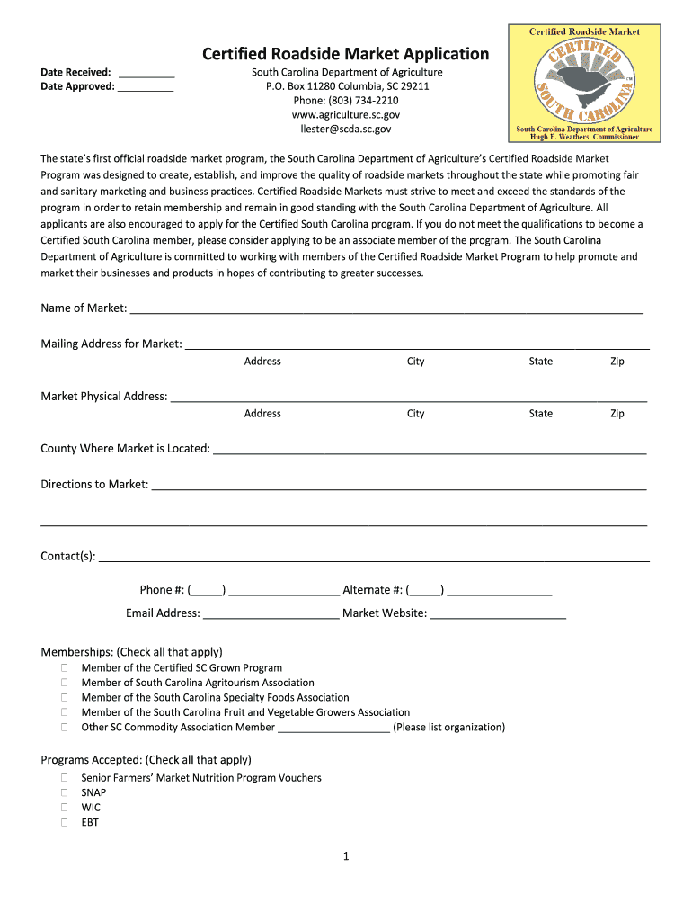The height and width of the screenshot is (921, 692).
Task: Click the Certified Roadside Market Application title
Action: tap(345, 54)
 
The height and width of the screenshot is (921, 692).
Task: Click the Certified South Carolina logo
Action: tap(583, 83)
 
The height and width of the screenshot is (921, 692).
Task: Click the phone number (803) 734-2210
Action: tap(346, 101)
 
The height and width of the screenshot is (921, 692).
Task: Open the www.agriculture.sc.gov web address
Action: tap(346, 115)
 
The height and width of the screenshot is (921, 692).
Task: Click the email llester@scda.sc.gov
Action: tap(346, 130)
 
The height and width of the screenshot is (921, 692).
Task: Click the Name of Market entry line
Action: tap(386, 311)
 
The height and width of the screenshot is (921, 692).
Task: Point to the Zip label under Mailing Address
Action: tap(617, 362)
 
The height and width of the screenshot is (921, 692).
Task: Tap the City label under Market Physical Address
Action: tap(415, 414)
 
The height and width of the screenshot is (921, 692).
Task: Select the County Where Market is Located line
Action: tap(430, 452)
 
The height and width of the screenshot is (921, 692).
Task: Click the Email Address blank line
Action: tap(271, 616)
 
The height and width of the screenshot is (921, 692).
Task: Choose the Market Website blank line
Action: tap(498, 616)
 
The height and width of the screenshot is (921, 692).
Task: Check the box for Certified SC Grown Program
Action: tap(65, 668)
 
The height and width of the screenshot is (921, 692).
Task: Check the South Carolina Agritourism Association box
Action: tap(65, 683)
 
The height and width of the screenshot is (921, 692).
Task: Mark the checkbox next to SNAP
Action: tap(65, 793)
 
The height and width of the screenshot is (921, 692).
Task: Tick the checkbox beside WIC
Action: tap(65, 808)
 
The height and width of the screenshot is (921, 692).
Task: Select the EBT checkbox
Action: tap(65, 822)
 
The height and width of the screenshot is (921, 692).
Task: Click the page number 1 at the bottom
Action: tap(345, 856)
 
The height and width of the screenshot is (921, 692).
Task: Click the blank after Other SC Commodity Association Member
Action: tap(333, 730)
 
